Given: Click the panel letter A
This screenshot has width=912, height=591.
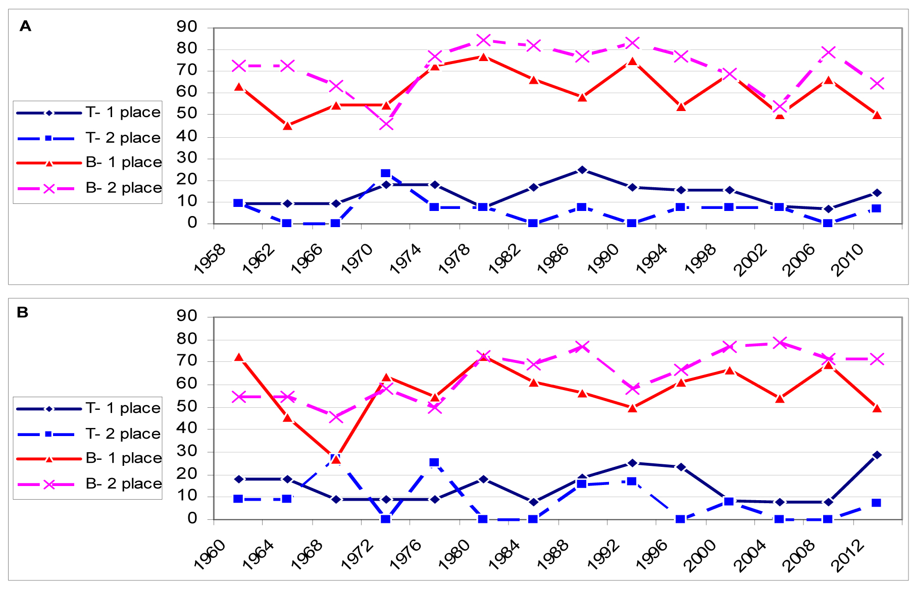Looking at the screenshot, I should click(x=25, y=26).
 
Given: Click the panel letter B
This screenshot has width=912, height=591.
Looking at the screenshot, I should click(x=23, y=312).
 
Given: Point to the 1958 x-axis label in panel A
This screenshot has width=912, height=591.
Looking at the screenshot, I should click(x=210, y=259).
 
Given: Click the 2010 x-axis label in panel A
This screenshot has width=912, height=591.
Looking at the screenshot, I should click(x=847, y=259).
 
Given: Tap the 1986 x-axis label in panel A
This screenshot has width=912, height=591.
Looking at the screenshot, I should click(x=553, y=259).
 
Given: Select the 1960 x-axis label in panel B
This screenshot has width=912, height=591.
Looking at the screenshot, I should click(x=210, y=555).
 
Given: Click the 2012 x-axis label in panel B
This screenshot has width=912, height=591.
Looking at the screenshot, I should click(x=847, y=555).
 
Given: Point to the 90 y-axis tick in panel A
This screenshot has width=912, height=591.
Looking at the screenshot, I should click(x=187, y=27).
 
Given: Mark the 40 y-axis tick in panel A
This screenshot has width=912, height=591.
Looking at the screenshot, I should click(x=187, y=136).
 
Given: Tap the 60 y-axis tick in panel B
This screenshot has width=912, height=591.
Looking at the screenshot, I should click(x=187, y=384).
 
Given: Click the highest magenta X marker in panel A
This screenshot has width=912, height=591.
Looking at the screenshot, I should click(x=483, y=40).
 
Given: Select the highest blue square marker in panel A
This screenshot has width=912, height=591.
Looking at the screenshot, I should click(x=385, y=174).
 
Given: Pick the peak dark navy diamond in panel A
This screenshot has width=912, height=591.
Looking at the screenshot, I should click(x=582, y=170).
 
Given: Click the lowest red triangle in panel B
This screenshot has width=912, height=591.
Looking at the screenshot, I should click(x=336, y=459).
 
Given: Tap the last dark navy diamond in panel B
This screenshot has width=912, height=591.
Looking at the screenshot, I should click(x=877, y=455).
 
